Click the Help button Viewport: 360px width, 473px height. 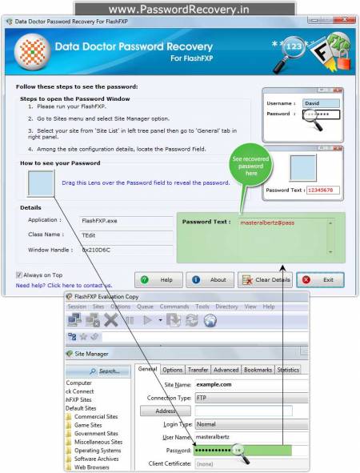click(156, 280)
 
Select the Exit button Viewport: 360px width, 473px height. click(320, 280)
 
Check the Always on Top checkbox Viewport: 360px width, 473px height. click(19, 275)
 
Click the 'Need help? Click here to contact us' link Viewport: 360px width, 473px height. click(64, 285)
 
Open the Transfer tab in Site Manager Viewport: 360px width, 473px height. click(198, 370)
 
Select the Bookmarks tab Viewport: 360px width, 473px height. click(258, 370)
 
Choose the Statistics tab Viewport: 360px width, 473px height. click(287, 370)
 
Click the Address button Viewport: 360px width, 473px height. click(159, 411)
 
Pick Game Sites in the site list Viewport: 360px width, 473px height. click(89, 425)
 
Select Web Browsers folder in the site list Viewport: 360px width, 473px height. click(92, 467)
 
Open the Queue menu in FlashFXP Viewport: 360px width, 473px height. click(145, 307)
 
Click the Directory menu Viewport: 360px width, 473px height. click(226, 307)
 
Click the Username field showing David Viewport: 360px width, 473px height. click(321, 103)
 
